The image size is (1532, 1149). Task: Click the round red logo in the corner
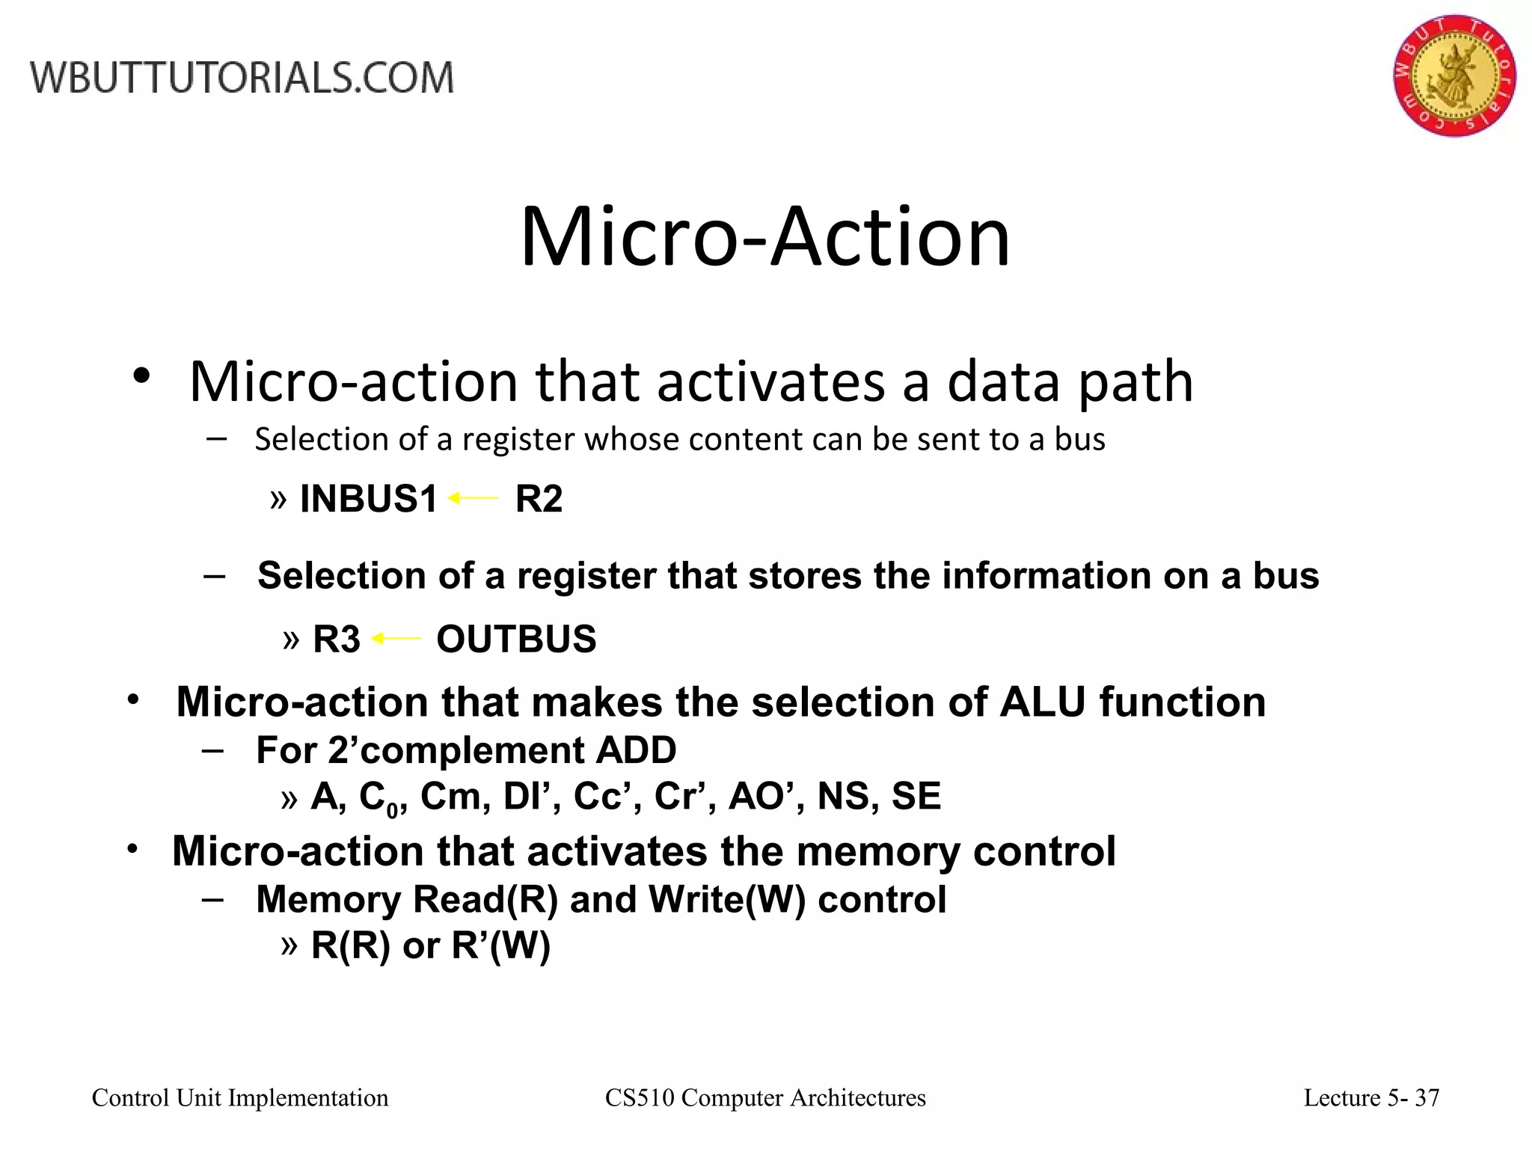1454,75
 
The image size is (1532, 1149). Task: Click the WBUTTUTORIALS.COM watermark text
242,78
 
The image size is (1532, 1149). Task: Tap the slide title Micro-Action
765,237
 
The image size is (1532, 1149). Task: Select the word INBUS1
368,499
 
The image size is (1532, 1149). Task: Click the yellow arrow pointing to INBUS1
473,497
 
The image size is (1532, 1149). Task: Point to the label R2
539,499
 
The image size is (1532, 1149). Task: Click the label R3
336,640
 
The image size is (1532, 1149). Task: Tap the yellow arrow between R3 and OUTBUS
397,638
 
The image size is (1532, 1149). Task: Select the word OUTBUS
516,640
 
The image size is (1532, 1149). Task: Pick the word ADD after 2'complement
636,750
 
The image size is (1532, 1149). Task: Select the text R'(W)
500,946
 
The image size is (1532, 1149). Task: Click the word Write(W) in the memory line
727,899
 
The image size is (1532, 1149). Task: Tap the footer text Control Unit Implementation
240,1097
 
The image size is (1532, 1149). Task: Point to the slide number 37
1427,1097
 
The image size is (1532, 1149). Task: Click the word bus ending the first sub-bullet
1079,439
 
